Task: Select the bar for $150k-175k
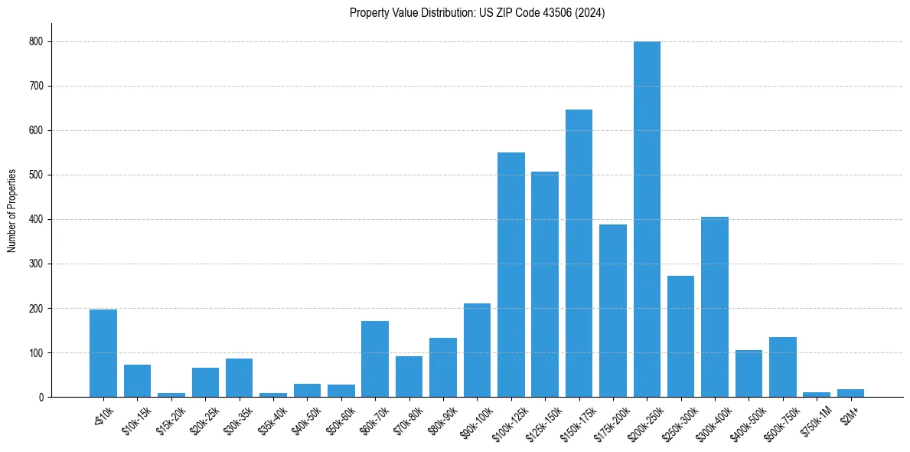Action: pos(579,254)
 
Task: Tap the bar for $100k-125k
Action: pos(511,275)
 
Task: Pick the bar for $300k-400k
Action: pos(715,307)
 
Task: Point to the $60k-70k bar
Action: pos(375,359)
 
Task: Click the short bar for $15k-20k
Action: pos(171,395)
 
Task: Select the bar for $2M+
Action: pos(850,393)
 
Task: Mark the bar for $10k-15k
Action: pos(138,381)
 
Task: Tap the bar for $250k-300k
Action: pos(680,336)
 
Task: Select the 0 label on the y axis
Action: pos(40,397)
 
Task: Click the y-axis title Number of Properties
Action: pos(11,211)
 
